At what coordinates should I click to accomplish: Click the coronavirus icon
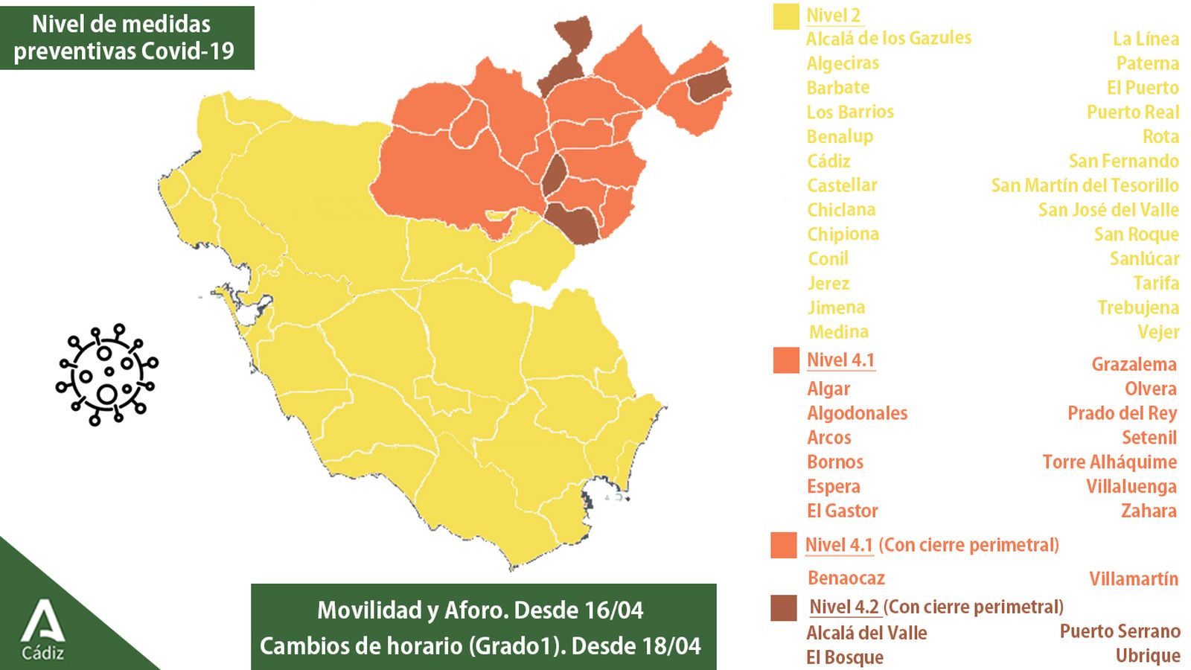point(106,374)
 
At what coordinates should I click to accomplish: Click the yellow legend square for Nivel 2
point(785,16)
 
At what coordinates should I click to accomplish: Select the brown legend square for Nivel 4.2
point(784,607)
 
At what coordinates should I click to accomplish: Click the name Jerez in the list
point(828,284)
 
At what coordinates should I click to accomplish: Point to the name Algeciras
point(843,63)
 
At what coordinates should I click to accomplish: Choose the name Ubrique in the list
point(1147,656)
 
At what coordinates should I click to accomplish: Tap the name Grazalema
point(1134,364)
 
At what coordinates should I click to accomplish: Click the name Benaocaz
point(846,578)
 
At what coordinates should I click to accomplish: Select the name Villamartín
point(1133,578)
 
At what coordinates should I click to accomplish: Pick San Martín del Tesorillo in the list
point(1085,185)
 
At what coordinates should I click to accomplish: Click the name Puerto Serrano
point(1120,631)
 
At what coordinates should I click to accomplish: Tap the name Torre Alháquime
point(1109,462)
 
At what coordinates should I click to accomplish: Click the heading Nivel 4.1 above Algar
point(840,360)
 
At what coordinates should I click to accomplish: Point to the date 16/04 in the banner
point(613,610)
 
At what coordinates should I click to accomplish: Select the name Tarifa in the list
point(1155,283)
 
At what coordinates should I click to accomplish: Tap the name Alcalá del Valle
point(866,633)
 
